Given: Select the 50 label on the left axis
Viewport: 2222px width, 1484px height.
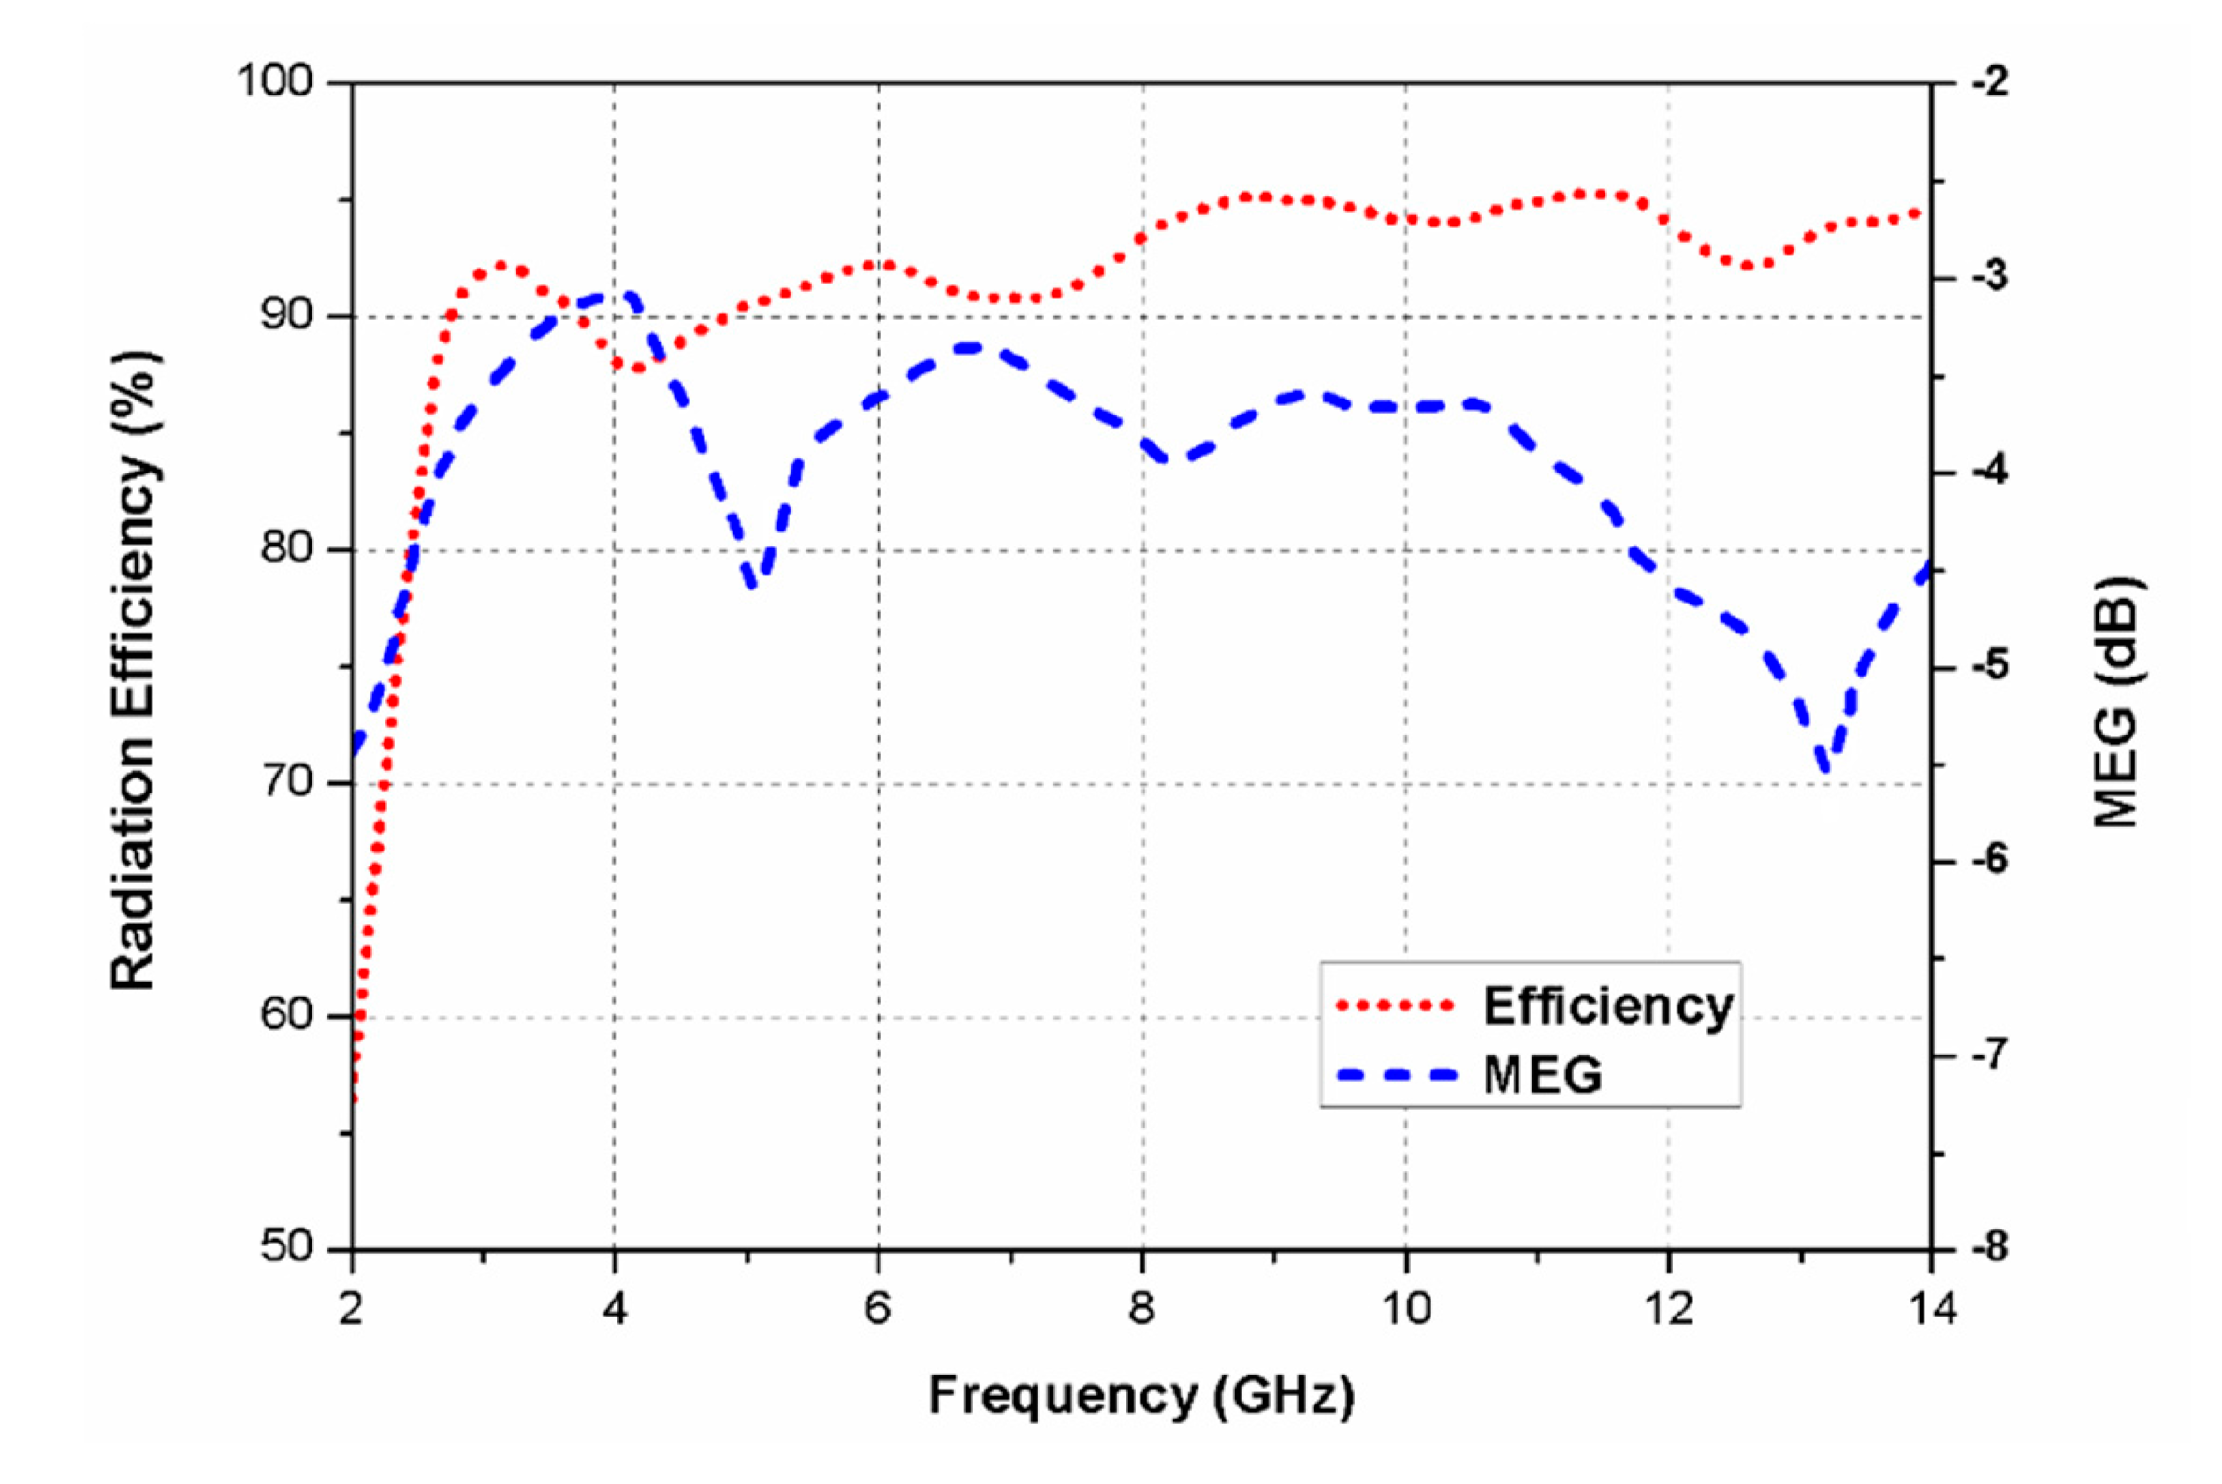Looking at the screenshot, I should click(285, 1246).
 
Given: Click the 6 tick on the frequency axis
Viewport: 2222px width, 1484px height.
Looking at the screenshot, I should click(879, 1310).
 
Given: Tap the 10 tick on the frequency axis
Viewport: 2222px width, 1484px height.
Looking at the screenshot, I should click(1405, 1310).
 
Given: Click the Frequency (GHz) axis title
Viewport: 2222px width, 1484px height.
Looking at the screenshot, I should click(1141, 1394).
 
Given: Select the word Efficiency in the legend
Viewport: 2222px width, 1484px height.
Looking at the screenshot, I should click(1607, 1005).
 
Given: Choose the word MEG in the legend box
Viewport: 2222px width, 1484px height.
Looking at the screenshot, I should click(1543, 1074).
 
